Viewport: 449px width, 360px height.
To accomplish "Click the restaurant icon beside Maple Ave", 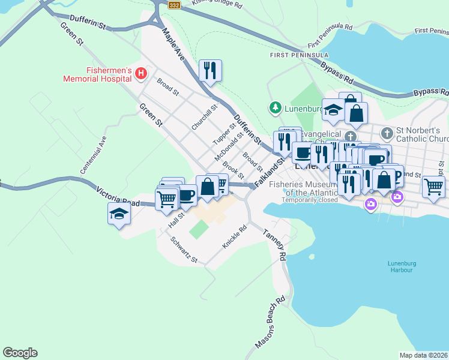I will (210, 71).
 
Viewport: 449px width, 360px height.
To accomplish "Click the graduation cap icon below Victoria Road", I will (119, 214).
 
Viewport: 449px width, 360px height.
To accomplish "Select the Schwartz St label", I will (184, 250).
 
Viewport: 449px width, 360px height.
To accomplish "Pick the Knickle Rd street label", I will (234, 237).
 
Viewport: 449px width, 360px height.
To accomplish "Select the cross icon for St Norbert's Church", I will (388, 131).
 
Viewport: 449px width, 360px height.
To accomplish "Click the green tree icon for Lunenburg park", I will (275, 108).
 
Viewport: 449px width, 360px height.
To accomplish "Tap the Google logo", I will (20, 353).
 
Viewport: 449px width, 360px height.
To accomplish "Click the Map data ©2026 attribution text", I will (424, 355).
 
